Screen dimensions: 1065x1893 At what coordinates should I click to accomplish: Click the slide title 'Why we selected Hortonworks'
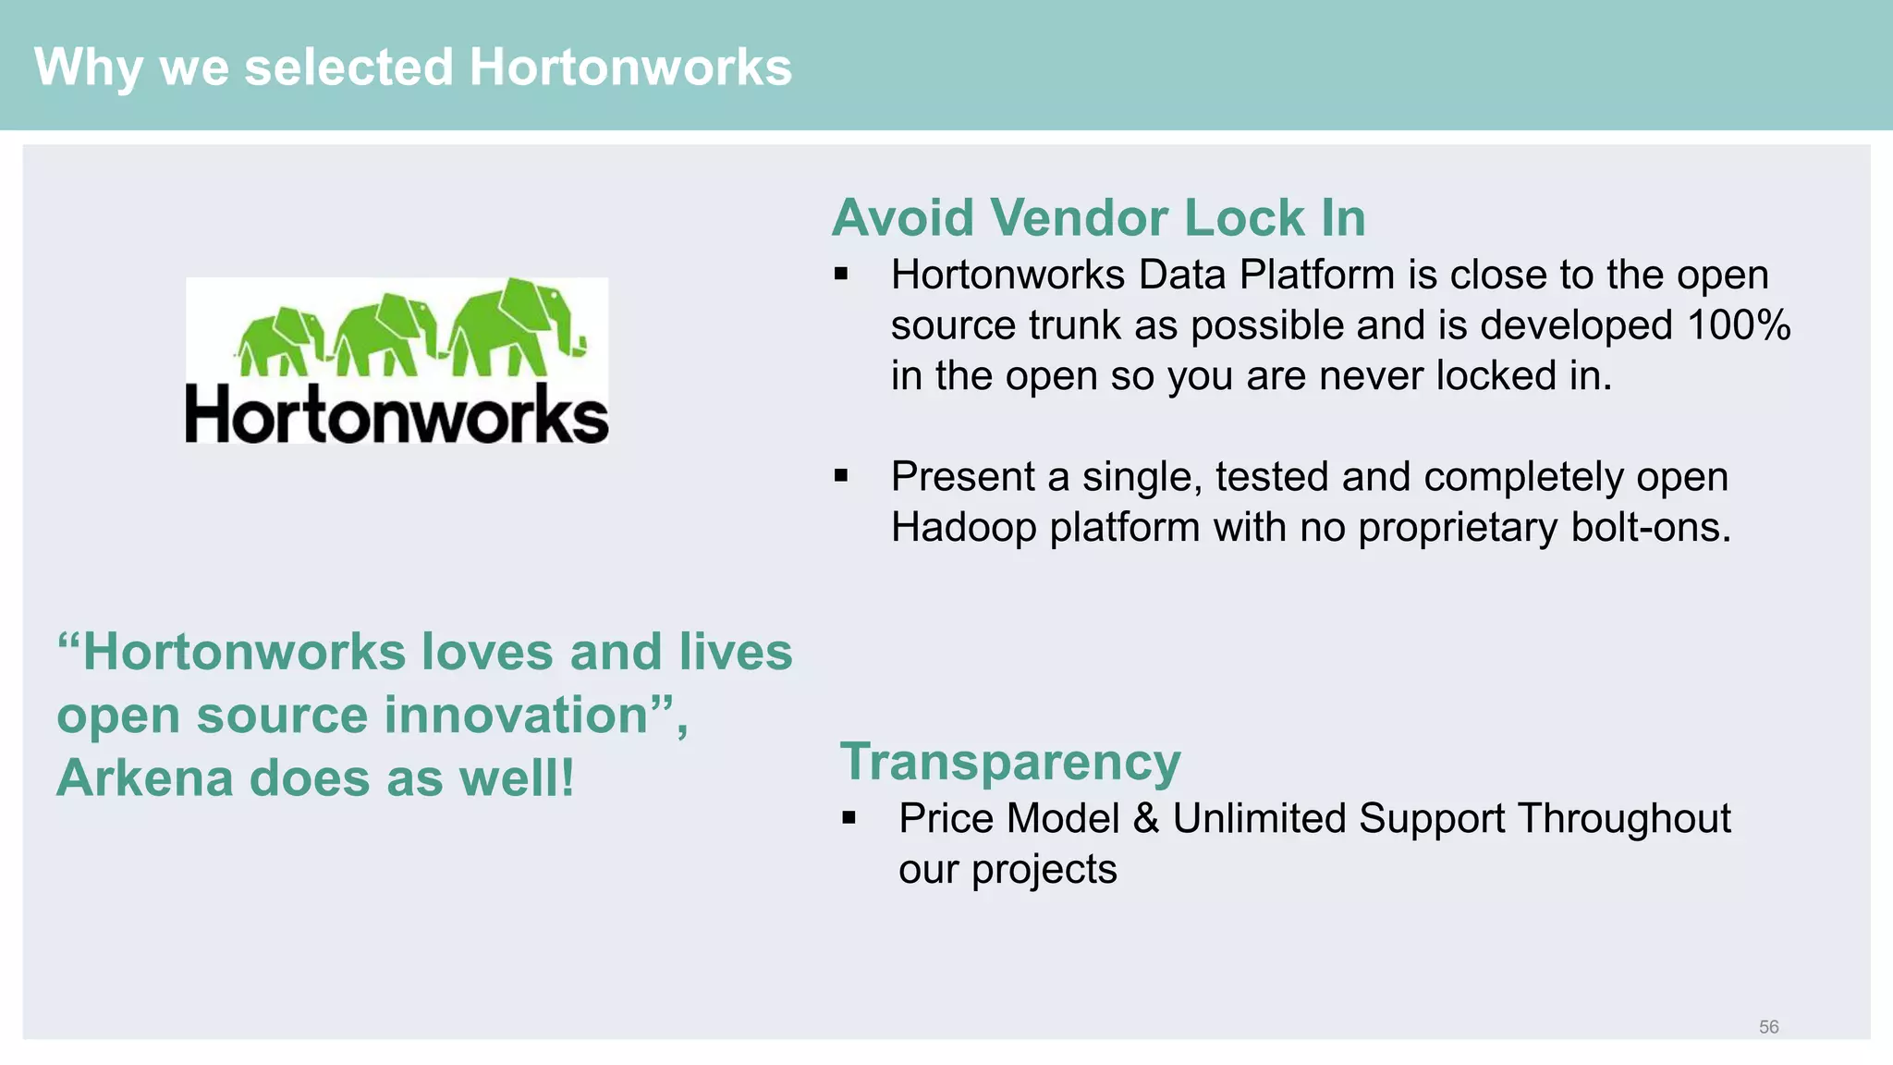pyautogui.click(x=412, y=67)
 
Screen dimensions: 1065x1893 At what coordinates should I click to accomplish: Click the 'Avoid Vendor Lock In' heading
pyautogui.click(x=1098, y=218)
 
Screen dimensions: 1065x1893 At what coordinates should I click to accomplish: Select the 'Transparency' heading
pyautogui.click(x=1009, y=762)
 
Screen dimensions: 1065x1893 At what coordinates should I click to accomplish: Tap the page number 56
pyautogui.click(x=1768, y=1027)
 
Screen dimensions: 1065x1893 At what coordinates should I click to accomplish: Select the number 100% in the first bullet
pyautogui.click(x=1739, y=325)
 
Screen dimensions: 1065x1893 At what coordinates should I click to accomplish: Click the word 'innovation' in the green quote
pyautogui.click(x=517, y=716)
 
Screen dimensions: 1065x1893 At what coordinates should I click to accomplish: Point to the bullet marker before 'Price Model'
pyautogui.click(x=849, y=818)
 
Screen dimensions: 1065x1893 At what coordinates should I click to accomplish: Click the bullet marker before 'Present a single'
pyautogui.click(x=841, y=476)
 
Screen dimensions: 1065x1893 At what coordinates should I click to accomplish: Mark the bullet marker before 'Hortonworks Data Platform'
pyautogui.click(x=841, y=275)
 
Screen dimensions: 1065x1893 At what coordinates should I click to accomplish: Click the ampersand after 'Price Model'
pyautogui.click(x=1146, y=818)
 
